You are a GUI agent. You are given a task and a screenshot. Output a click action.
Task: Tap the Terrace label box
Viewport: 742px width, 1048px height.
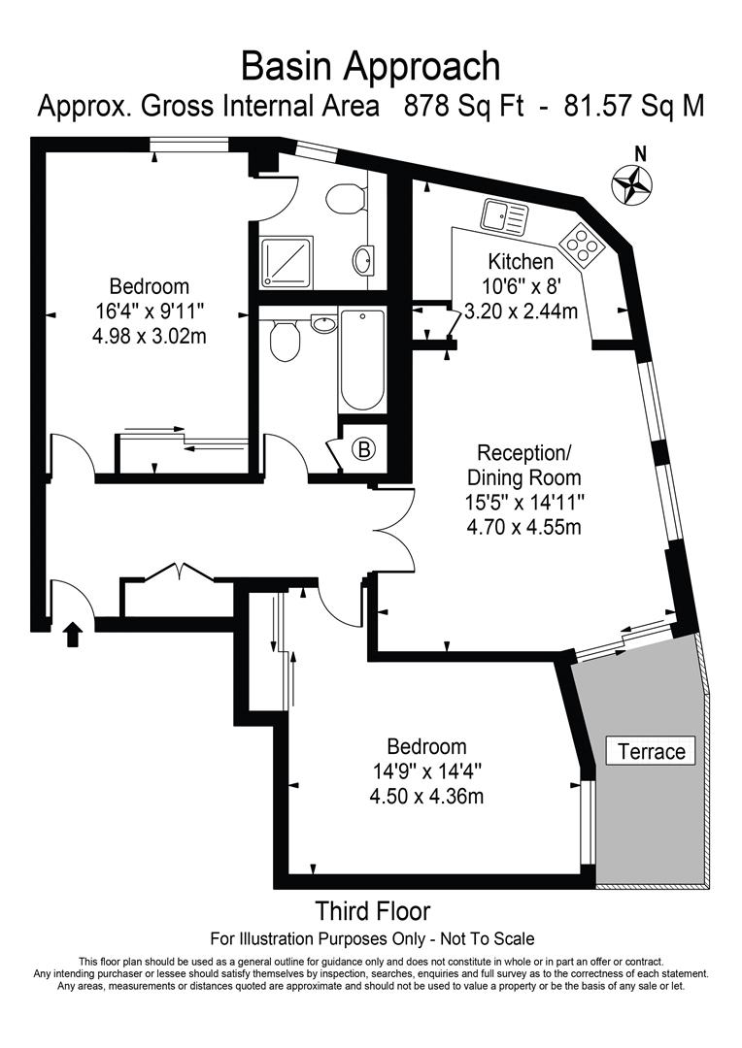(x=651, y=751)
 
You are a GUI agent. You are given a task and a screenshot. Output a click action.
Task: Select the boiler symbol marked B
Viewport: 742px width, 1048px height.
(x=364, y=449)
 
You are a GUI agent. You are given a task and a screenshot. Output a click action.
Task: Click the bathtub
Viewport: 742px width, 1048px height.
(x=362, y=360)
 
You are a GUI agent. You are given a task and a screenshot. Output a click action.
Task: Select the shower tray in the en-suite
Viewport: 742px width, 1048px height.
(x=286, y=263)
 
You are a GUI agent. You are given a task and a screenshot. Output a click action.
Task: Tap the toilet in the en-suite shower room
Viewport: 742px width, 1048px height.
(x=343, y=199)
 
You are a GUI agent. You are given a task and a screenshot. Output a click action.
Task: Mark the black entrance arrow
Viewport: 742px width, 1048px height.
(x=73, y=635)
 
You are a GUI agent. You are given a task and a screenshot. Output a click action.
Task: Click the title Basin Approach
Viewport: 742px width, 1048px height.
(x=371, y=66)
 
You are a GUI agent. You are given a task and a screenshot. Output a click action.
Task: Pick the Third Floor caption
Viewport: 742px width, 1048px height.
(x=372, y=911)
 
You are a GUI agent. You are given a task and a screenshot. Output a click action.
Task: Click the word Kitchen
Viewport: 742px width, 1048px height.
(x=521, y=262)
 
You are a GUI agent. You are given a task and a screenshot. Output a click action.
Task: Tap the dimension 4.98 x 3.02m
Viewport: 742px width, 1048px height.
(x=149, y=337)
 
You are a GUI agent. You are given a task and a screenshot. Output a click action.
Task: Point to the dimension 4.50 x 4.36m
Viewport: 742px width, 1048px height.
(x=426, y=797)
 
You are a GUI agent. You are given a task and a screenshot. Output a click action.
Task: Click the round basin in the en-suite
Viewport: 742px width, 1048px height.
(x=364, y=260)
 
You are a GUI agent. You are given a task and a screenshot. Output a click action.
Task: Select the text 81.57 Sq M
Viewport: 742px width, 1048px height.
(x=627, y=106)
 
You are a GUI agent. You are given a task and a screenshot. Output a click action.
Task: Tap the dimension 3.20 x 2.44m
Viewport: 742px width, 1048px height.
(x=520, y=311)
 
